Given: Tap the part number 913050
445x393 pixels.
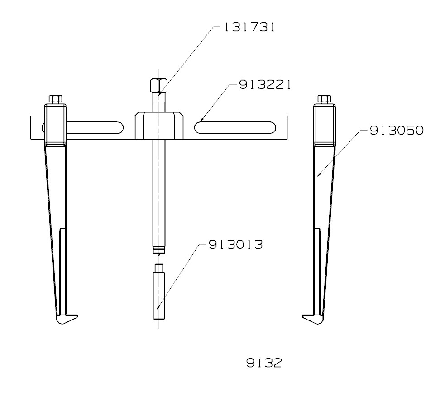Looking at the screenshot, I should (397, 131).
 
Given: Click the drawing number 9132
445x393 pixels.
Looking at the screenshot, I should (263, 363).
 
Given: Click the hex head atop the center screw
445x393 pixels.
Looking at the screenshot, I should (158, 85).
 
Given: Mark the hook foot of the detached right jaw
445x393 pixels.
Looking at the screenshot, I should (312, 319).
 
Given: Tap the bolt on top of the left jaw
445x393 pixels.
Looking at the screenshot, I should (55, 99).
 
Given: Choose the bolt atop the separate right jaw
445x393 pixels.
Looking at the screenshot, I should (325, 99).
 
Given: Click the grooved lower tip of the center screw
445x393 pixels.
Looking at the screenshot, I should (158, 249).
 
